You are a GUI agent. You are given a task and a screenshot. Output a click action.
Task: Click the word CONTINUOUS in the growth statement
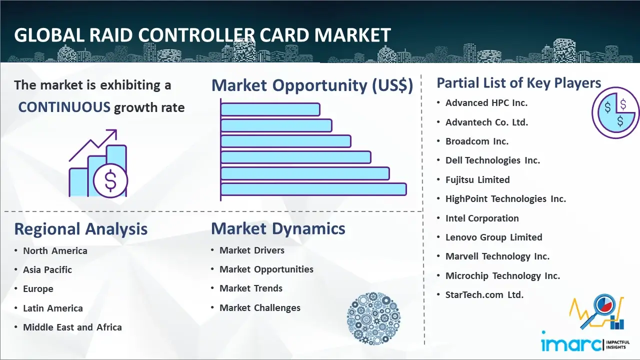point(64,107)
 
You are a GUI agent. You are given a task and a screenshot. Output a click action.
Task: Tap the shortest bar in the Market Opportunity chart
point(270,109)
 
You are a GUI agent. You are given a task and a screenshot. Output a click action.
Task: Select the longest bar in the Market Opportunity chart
point(313,189)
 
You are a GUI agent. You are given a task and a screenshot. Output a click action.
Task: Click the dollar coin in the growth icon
point(110,180)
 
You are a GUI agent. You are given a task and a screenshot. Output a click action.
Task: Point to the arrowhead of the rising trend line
point(113,133)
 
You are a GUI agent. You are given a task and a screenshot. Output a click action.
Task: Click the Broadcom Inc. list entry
point(477,141)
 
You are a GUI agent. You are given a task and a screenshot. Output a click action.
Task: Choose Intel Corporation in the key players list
point(482,218)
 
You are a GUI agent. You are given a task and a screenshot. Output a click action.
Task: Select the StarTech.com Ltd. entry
point(484,294)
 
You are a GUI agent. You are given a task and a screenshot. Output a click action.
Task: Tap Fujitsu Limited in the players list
point(477,179)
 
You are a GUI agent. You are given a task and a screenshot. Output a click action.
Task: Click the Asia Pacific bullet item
point(47,269)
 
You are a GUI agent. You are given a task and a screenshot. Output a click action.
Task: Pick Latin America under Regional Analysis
point(53,308)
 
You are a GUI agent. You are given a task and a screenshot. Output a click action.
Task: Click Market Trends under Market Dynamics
point(251,288)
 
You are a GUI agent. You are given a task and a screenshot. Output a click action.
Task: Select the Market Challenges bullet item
point(259,307)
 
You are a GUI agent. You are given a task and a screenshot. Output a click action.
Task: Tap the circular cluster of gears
point(373,318)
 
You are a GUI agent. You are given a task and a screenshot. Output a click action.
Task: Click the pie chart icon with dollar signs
point(615,112)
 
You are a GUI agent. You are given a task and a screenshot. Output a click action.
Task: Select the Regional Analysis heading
point(81,229)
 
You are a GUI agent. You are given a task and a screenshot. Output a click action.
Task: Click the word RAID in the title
point(111,35)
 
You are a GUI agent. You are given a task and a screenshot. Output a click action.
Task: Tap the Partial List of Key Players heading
point(519,83)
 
